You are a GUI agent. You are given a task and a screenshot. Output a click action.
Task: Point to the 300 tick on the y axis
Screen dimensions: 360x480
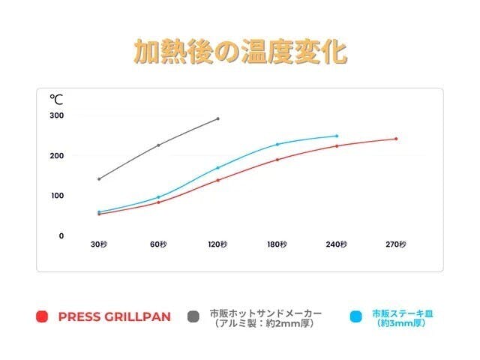57,115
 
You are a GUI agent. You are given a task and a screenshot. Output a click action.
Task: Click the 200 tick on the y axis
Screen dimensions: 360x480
57,155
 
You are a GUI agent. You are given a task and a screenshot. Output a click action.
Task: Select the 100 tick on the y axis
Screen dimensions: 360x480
57,196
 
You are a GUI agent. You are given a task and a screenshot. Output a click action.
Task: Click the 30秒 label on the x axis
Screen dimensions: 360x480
98,244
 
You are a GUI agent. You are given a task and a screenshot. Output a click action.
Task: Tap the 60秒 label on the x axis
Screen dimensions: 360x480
157,244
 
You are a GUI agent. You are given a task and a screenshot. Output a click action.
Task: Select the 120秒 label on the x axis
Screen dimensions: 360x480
217,244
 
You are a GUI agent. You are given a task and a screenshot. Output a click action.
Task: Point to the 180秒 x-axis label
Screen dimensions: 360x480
277,244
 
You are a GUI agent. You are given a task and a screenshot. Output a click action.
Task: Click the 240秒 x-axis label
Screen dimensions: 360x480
337,244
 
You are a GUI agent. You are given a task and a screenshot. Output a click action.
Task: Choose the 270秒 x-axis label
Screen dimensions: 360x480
396,244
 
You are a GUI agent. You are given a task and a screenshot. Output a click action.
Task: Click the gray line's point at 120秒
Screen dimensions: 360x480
218,118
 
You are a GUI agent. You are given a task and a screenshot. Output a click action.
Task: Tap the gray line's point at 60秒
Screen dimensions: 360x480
158,145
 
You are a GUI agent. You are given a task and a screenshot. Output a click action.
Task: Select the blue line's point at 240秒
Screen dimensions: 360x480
337,136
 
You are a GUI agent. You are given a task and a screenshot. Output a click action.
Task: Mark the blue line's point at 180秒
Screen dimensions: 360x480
277,144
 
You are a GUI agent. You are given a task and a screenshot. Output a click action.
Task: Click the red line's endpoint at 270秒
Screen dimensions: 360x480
396,139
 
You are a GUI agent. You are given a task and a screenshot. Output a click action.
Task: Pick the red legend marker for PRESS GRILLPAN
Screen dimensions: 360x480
43,316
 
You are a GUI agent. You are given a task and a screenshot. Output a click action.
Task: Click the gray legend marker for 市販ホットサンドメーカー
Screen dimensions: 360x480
194,316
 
